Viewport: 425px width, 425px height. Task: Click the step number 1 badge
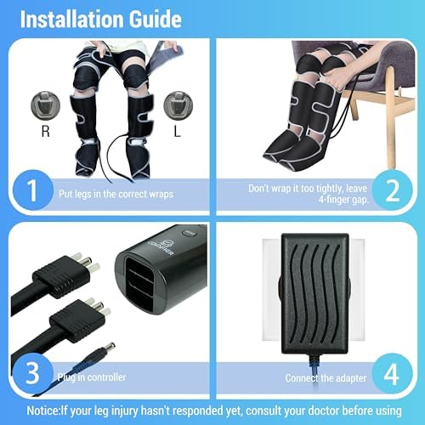point(30,190)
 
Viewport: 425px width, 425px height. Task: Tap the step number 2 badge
point(393,190)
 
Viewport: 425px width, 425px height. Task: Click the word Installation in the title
point(64,18)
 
